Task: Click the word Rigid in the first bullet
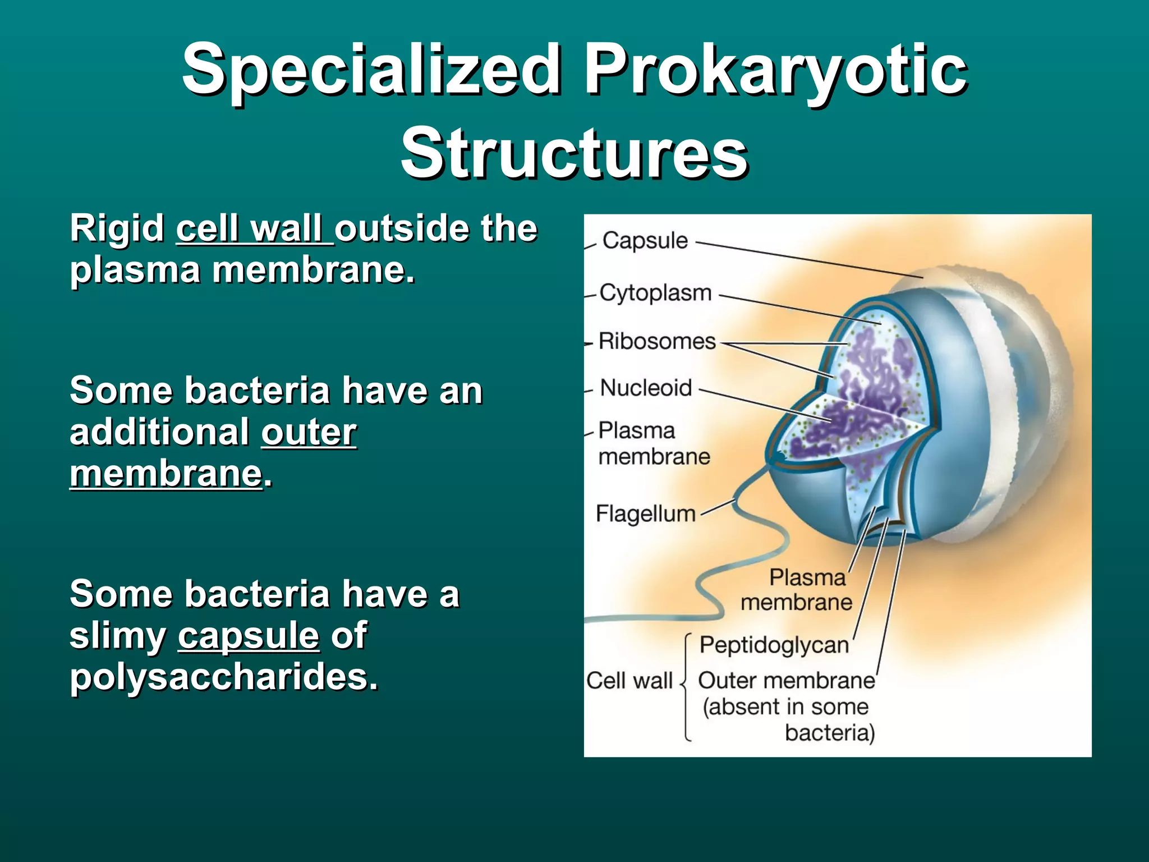(x=117, y=229)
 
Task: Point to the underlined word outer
(x=309, y=432)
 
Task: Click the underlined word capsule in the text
(x=249, y=635)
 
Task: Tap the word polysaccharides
(x=224, y=676)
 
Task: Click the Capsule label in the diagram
(x=645, y=240)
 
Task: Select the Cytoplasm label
(x=655, y=292)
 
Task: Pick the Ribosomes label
(x=657, y=341)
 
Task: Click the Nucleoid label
(x=646, y=388)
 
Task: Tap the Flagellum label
(x=645, y=513)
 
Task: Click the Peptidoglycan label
(x=774, y=645)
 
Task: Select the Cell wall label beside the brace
(x=629, y=681)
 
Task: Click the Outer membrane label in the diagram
(x=786, y=681)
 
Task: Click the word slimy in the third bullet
(x=118, y=635)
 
